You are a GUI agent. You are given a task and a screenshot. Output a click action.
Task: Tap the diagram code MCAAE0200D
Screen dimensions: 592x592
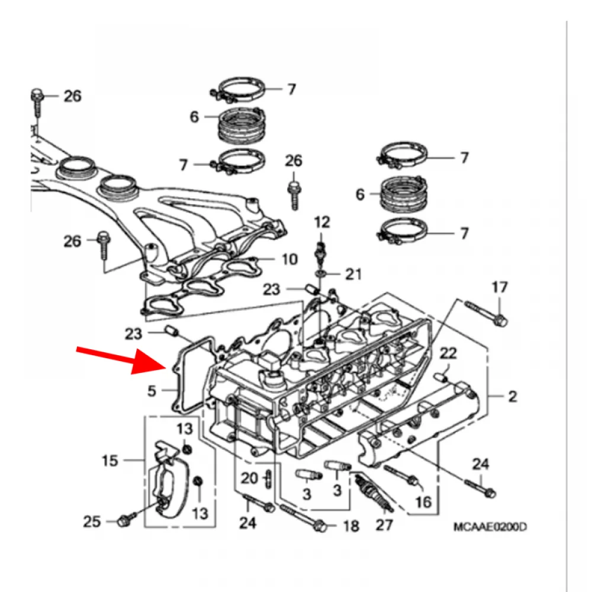[490, 527]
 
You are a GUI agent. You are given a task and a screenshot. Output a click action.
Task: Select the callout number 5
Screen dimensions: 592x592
[152, 391]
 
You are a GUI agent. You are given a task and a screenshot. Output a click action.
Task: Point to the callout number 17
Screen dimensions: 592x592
[500, 288]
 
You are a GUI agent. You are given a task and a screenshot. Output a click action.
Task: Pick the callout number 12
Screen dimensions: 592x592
[322, 223]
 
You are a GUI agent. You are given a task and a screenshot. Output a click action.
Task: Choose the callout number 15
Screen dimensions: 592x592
[111, 460]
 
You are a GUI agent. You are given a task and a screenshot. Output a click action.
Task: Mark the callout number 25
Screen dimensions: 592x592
[92, 522]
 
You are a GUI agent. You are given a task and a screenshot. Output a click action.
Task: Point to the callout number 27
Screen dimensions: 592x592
[385, 525]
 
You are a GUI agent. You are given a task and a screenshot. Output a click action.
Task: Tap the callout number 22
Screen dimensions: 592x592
[448, 353]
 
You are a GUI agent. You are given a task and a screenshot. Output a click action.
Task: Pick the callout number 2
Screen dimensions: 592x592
[512, 396]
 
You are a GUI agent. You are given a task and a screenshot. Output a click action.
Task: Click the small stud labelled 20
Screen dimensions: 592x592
[269, 477]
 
